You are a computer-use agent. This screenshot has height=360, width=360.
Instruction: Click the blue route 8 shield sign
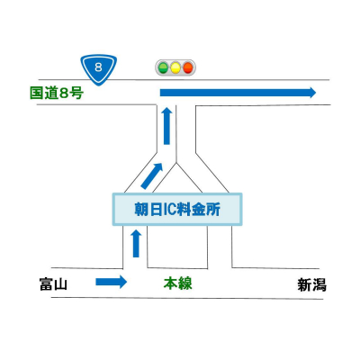coord(96,67)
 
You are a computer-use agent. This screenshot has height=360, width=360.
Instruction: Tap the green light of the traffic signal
coord(163,67)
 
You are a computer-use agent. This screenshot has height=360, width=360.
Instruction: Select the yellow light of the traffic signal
coord(175,67)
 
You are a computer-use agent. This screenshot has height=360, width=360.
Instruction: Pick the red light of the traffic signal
coord(188,67)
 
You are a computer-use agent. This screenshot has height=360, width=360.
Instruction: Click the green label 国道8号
coord(57,92)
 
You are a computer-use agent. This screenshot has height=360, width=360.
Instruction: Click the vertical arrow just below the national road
coord(166,125)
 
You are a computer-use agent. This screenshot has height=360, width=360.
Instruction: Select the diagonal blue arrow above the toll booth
coord(153,175)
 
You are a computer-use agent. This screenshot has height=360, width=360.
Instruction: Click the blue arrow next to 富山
coord(112,283)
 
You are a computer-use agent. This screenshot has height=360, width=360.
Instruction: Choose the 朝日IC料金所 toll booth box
coord(177,210)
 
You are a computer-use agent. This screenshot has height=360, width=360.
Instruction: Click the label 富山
coord(54,284)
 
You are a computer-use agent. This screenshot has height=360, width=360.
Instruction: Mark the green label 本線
coord(177,283)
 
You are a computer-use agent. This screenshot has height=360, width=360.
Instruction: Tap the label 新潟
coord(311,285)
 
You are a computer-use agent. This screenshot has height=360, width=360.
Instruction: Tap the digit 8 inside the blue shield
coord(96,66)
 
